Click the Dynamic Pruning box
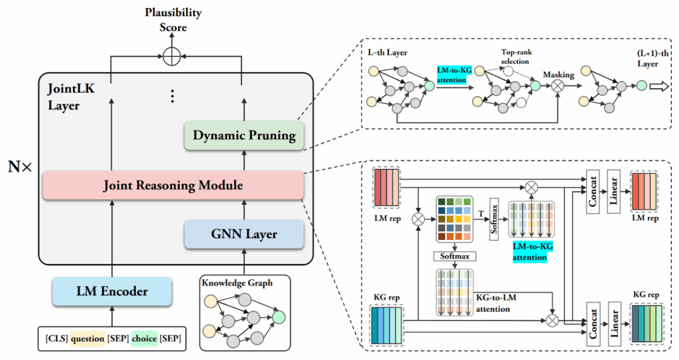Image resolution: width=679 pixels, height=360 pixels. coord(244,135)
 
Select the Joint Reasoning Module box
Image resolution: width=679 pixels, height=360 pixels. coord(172,186)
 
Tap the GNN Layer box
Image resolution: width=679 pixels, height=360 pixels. coord(243,234)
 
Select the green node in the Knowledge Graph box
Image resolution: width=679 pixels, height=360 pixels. coord(279,317)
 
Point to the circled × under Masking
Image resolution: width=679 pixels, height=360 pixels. coord(559,86)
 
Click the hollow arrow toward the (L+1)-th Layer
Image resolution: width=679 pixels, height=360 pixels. coord(658,86)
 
